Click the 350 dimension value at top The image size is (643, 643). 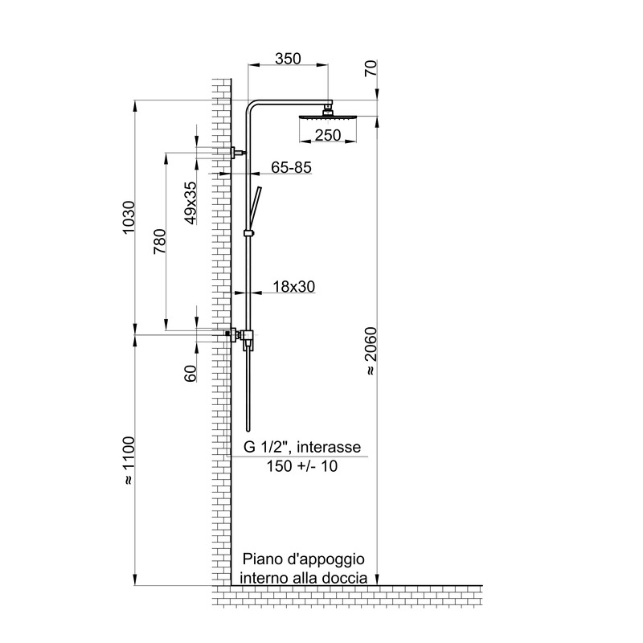288,59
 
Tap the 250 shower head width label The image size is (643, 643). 328,135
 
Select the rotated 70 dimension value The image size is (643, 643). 371,68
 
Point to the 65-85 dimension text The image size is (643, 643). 292,167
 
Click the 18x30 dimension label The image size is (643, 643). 294,287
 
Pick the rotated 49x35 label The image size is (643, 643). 190,203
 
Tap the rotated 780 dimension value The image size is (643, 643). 160,241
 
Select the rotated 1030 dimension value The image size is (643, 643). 129,217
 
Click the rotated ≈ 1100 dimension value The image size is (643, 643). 129,461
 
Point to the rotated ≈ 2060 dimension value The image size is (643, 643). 371,350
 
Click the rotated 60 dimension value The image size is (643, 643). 190,374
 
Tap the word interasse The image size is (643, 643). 329,447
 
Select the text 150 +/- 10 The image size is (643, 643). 302,466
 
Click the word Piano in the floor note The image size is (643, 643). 258,559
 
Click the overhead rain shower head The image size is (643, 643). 328,117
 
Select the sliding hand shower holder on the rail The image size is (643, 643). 249,234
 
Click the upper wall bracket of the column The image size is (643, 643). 238,153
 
